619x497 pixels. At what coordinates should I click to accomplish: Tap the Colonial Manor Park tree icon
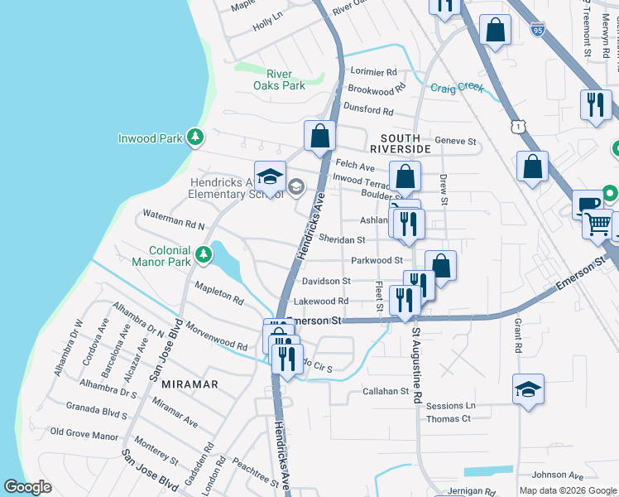(204, 252)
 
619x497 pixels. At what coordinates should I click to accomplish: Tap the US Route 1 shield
(518, 126)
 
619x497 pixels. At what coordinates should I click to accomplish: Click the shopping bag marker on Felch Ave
(319, 136)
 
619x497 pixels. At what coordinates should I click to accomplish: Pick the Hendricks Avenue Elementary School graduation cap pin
(270, 176)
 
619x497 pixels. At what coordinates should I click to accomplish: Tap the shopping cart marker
(597, 224)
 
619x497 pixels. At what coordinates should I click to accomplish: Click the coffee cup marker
(588, 204)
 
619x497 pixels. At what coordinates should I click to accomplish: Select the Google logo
(28, 487)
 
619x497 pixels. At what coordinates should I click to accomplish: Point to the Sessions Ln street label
(451, 406)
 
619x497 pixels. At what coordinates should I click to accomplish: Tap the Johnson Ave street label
(558, 475)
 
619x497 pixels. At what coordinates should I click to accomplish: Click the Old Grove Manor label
(84, 433)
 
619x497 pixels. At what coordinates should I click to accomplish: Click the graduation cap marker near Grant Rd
(528, 389)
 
